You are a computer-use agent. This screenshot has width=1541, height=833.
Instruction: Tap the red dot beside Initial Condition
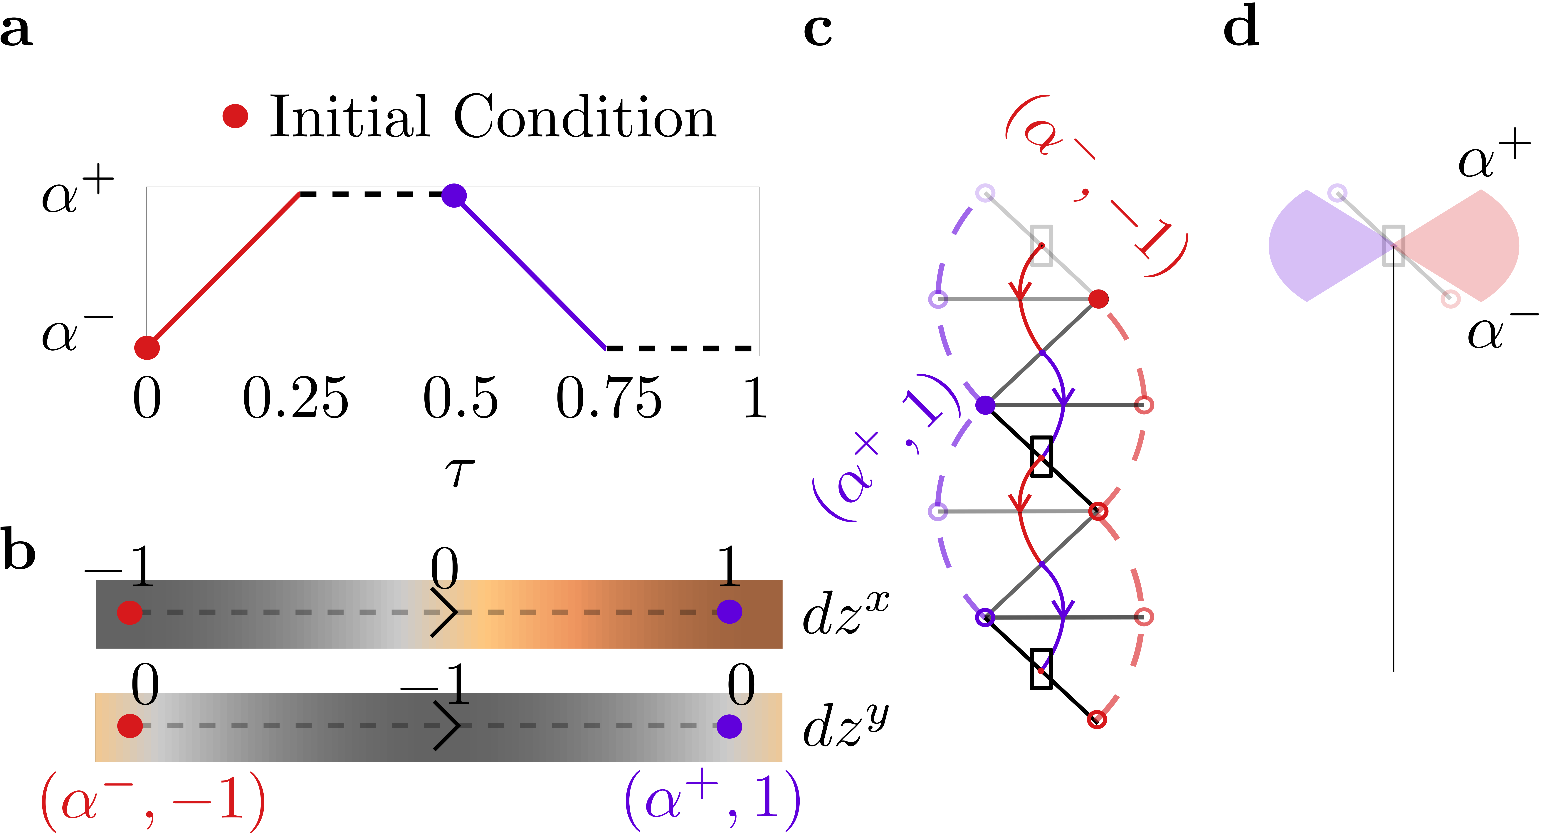pos(235,116)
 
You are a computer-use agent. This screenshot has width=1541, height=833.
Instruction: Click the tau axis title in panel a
pos(459,472)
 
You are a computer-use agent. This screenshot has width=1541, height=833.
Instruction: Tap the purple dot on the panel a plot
pos(454,195)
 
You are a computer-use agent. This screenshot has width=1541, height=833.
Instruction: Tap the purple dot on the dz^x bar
pos(729,612)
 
